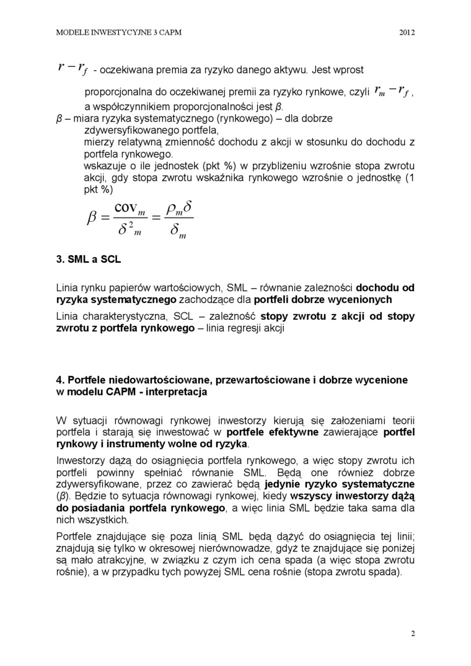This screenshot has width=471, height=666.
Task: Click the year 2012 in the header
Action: (x=407, y=32)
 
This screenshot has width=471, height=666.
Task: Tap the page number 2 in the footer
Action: (x=413, y=633)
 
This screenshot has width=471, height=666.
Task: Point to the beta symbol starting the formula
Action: (x=93, y=218)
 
